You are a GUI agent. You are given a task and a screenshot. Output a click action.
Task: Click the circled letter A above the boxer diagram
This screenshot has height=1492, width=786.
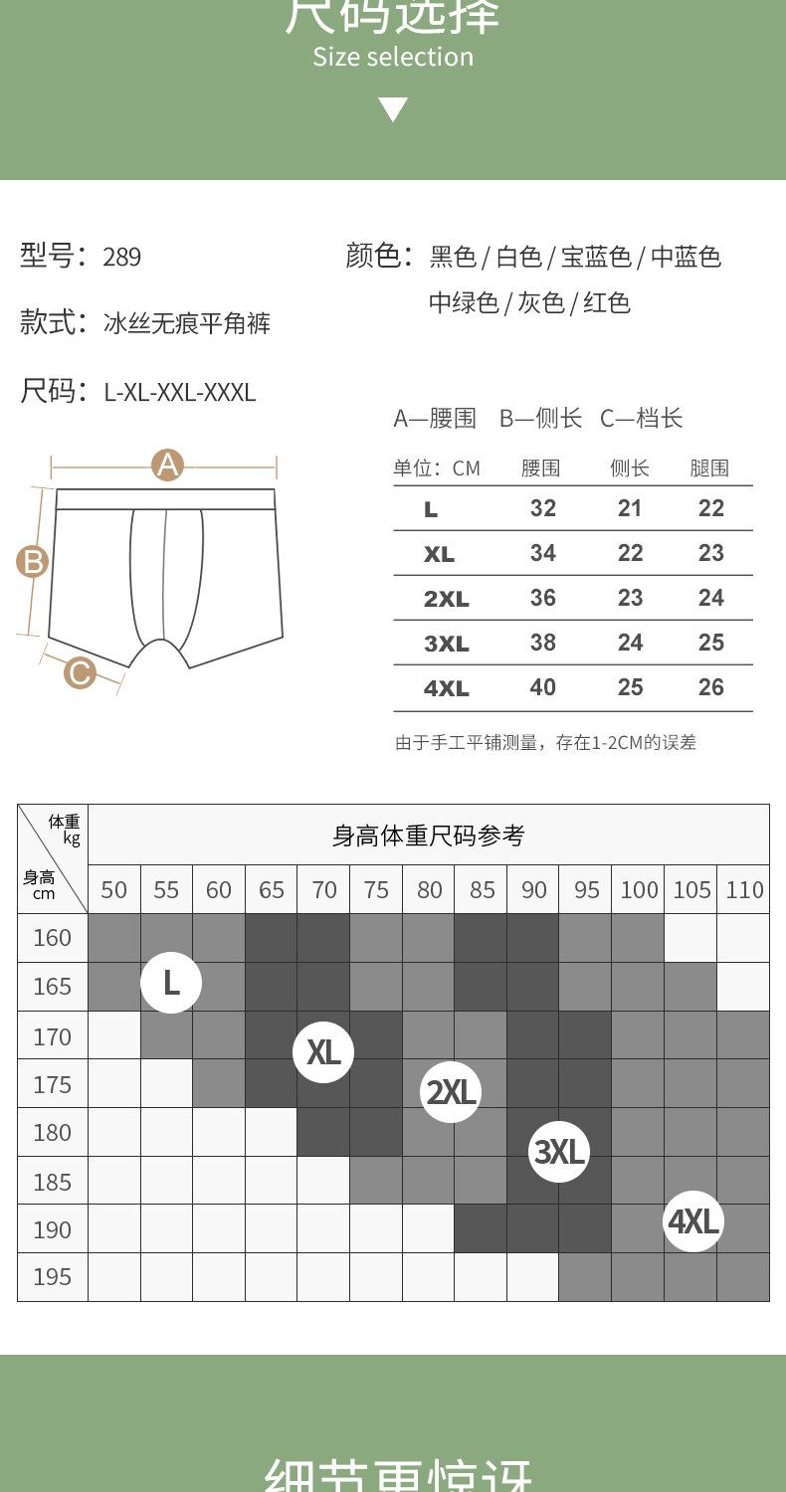(167, 465)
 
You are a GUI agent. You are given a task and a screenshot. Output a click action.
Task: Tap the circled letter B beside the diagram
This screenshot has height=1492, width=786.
(33, 562)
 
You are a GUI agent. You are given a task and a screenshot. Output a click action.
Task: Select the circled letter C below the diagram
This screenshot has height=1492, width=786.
(80, 673)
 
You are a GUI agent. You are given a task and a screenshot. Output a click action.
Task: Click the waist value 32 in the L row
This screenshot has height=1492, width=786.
(542, 508)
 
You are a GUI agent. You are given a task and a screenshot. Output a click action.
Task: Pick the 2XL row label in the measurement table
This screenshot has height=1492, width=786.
(446, 599)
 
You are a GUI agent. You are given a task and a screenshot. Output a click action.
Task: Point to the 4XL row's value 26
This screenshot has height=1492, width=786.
(710, 687)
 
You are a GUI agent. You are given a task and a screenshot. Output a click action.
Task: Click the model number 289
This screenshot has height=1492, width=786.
(121, 258)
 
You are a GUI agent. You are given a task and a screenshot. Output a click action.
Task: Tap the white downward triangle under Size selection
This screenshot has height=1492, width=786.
(393, 109)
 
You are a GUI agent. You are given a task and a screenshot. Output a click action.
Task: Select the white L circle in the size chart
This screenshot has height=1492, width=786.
(171, 983)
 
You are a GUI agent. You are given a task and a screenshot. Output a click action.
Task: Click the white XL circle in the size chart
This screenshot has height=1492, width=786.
(323, 1051)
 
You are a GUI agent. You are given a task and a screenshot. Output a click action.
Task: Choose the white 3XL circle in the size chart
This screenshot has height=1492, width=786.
(558, 1152)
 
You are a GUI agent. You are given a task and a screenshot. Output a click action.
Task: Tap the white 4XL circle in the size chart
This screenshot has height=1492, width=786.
(693, 1220)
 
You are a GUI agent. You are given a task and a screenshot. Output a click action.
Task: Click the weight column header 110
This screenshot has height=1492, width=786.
(744, 889)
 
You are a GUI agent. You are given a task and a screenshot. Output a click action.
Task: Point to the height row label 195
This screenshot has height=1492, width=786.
(52, 1276)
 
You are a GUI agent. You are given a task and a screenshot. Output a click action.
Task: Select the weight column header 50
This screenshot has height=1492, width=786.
(114, 889)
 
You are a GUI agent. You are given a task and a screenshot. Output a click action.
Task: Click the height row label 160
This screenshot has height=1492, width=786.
(52, 938)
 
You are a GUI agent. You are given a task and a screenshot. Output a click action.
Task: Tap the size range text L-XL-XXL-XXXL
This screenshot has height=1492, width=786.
(180, 392)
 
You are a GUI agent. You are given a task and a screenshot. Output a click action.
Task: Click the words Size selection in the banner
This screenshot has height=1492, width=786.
(393, 57)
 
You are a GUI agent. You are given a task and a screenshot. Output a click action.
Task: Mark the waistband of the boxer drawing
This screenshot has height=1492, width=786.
(165, 499)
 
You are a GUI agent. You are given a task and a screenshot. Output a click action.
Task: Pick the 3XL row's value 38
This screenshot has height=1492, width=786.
(542, 643)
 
